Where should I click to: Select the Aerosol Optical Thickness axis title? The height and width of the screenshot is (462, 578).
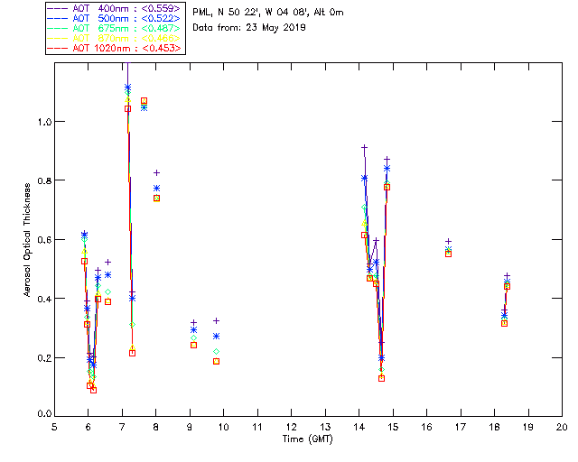[28, 236]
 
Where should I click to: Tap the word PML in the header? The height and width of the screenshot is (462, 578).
[203, 12]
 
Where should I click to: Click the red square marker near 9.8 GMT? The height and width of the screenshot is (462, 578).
[216, 361]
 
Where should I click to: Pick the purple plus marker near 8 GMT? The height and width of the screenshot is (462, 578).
[156, 172]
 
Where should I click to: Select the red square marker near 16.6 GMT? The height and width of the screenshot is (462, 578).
[448, 254]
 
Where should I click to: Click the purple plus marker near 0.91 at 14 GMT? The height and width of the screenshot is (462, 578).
[364, 147]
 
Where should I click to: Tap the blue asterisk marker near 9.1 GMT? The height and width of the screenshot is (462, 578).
[193, 330]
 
